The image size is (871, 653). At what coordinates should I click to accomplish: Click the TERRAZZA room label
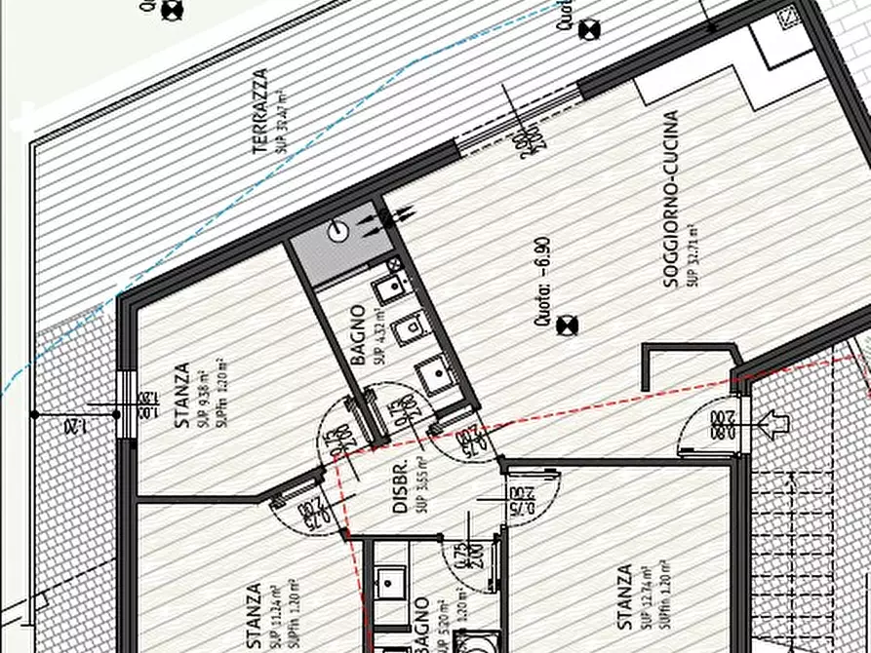[x=259, y=111]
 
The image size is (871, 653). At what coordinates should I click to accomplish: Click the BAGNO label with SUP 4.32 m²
[x=359, y=335]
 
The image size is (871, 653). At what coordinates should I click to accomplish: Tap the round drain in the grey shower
[x=337, y=230]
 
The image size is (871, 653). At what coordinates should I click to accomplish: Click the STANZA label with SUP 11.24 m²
[x=254, y=616]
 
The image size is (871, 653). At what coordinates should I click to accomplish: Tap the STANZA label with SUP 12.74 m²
[x=624, y=596]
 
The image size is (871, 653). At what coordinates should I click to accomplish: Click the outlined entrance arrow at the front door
[x=776, y=424]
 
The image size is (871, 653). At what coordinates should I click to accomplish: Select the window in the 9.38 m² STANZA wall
[x=124, y=403]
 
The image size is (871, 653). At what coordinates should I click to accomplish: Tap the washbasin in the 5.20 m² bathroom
[x=390, y=583]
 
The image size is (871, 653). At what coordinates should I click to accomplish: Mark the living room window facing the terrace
[x=517, y=121]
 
